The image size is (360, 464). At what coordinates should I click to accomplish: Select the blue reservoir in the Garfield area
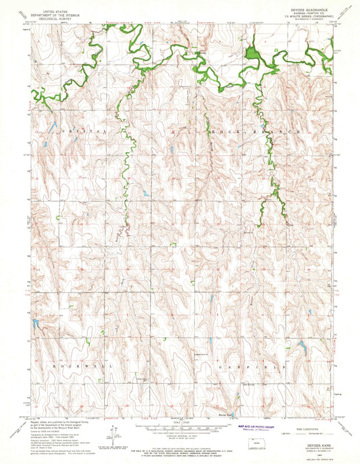click(x=301, y=349)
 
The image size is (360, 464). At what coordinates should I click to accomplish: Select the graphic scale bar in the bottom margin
click(x=180, y=419)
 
